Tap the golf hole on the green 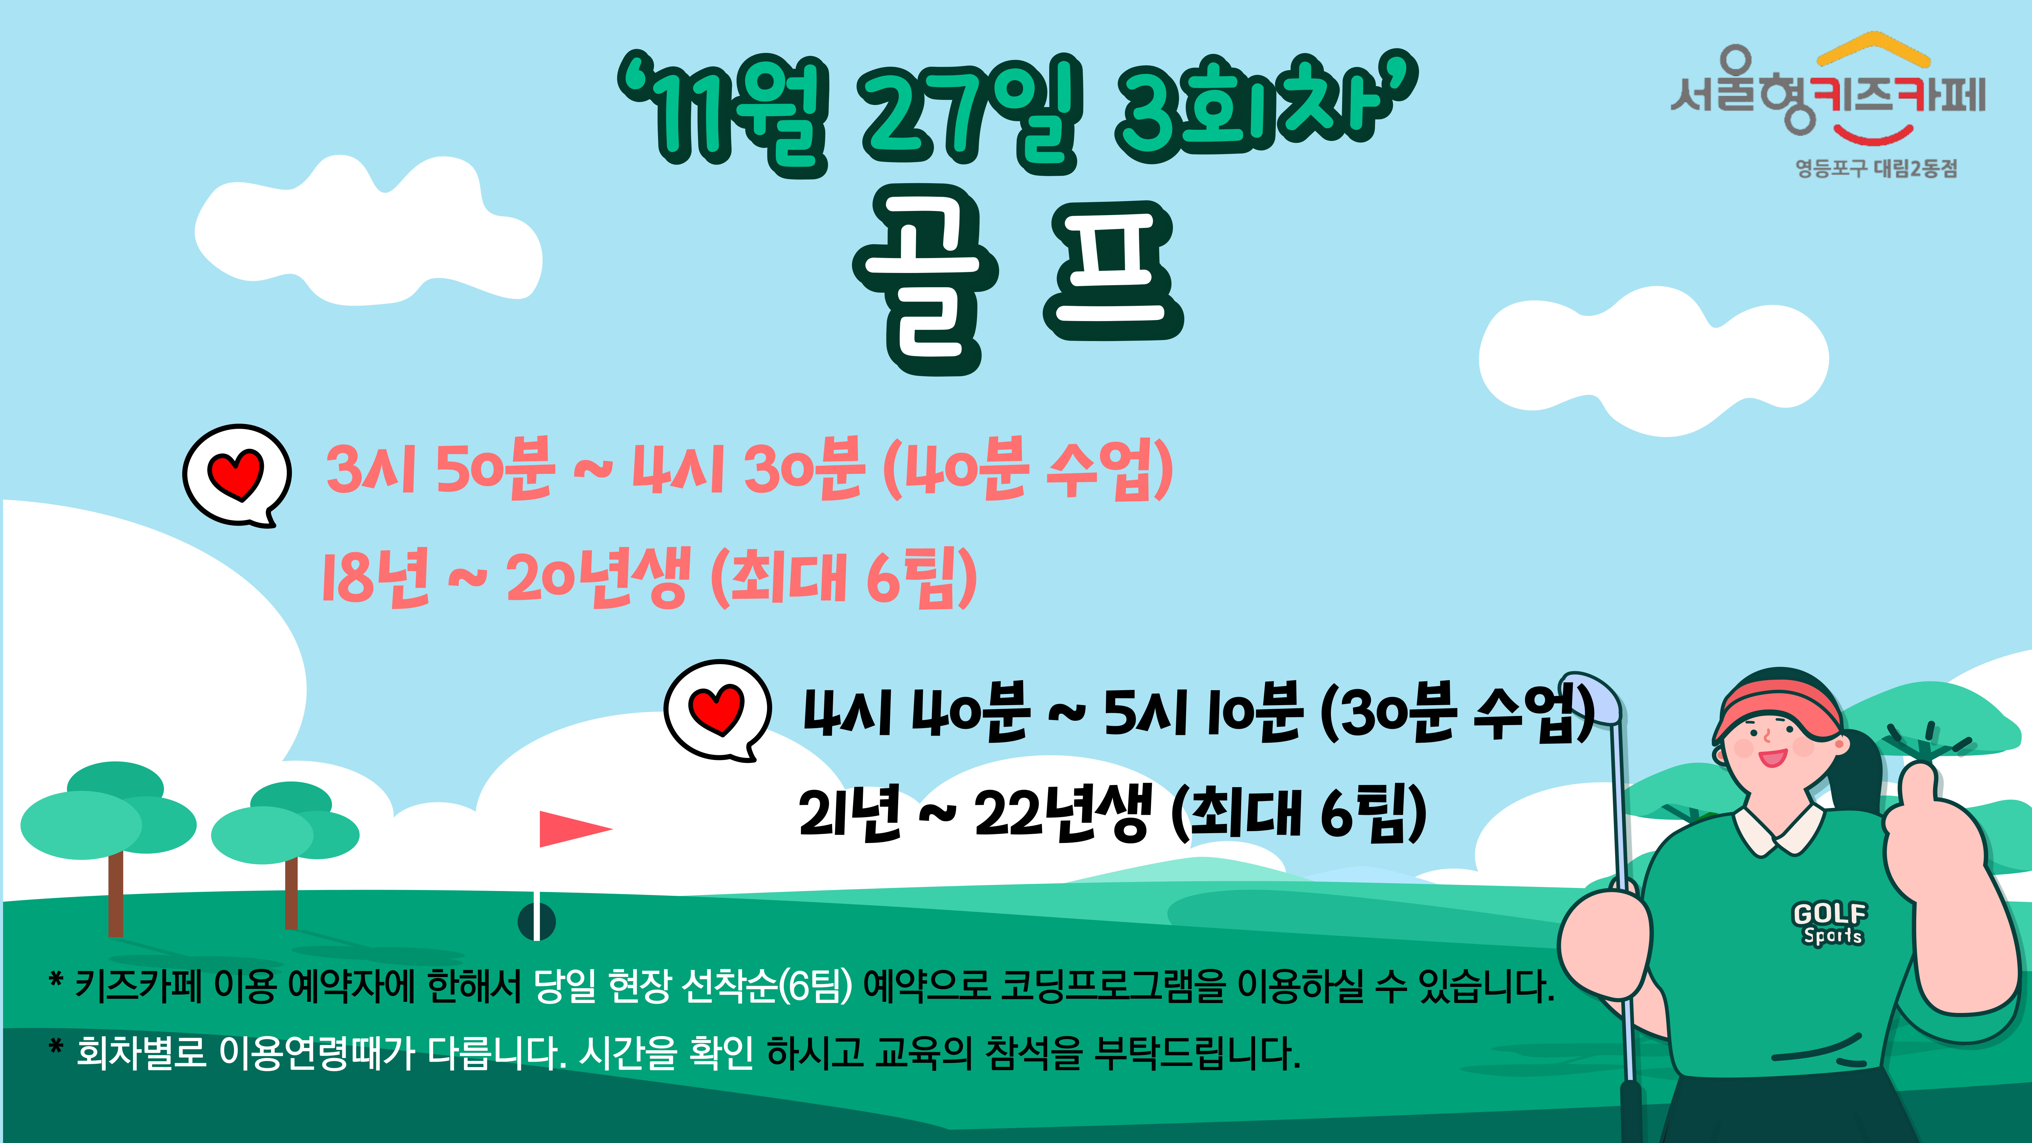(x=536, y=920)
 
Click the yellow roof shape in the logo (x=1874, y=47)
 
